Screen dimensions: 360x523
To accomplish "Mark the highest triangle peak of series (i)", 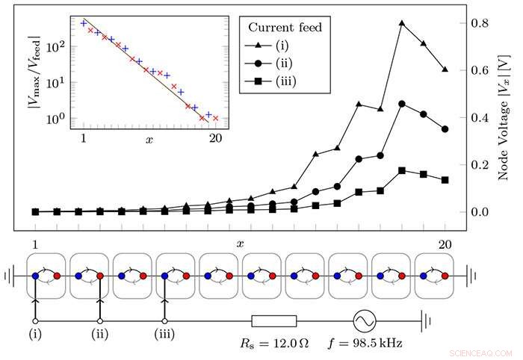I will tap(402, 23).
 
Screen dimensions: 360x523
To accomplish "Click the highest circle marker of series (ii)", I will tap(402, 104).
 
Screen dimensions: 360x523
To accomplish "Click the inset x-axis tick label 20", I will tap(215, 139).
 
